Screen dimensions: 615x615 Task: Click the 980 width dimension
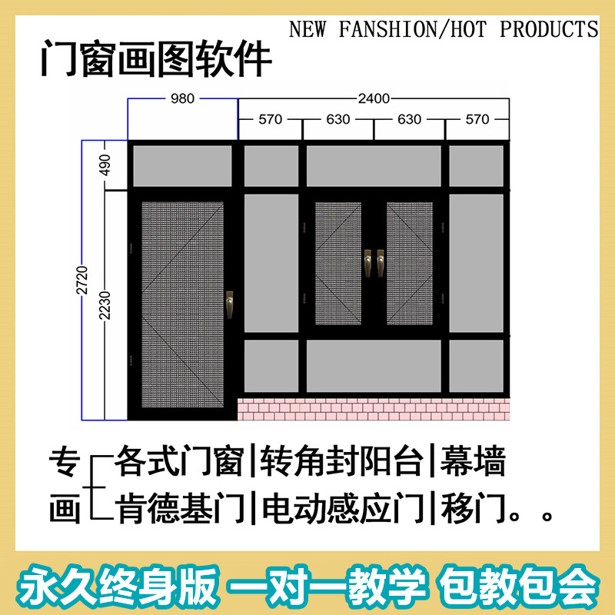[x=182, y=98]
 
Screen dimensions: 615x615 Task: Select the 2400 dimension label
[x=374, y=98]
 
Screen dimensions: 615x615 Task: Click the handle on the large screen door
[x=229, y=304]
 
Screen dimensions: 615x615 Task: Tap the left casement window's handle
[x=367, y=263]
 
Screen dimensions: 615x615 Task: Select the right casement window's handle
[x=379, y=263]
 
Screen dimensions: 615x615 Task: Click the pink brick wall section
[x=374, y=409]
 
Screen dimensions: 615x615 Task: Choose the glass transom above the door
[x=182, y=165]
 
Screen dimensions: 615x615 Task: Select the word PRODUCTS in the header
[x=549, y=29]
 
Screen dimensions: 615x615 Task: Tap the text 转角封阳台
[x=342, y=464]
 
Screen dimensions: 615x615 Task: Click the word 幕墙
[x=474, y=464]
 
